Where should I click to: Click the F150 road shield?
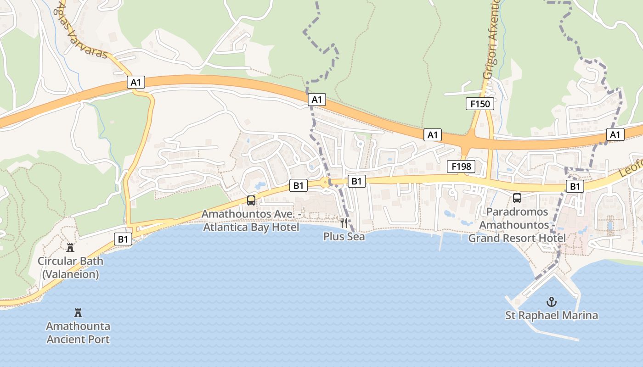(480, 104)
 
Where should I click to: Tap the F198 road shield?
(461, 167)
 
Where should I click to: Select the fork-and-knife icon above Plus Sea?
(344, 223)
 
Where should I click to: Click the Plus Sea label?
(344, 237)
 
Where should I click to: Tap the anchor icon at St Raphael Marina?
(551, 302)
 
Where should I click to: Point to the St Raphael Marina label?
(552, 316)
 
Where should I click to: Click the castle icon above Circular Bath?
(70, 248)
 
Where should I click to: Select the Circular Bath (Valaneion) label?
(70, 267)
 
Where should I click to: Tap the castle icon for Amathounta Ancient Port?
(78, 313)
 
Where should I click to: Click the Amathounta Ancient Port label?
(78, 333)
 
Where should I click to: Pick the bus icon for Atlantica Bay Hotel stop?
(251, 200)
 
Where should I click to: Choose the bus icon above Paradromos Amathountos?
(517, 198)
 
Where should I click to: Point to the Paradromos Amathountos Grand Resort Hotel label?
(517, 225)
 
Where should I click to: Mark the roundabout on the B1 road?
(326, 182)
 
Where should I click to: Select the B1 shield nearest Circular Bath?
(123, 239)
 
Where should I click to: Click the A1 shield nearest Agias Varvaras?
(135, 83)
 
